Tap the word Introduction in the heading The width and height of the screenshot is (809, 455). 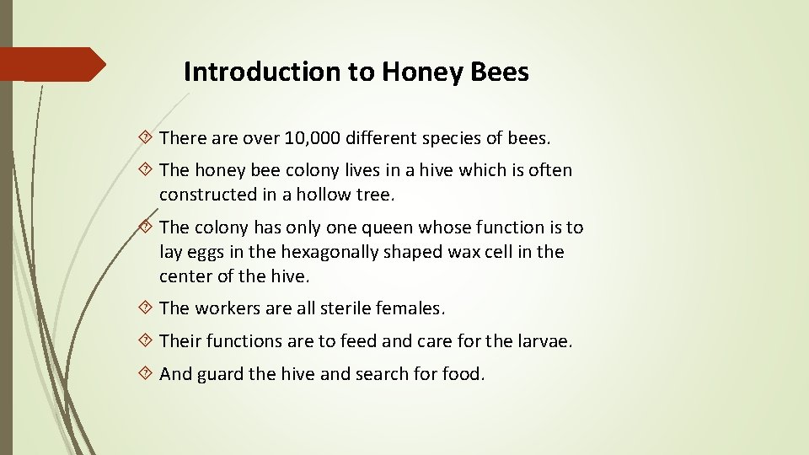tap(263, 72)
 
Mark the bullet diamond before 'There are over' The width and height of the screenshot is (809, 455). tap(147, 136)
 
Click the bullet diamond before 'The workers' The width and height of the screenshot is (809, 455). tap(147, 308)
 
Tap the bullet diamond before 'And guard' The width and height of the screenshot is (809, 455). tap(147, 374)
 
